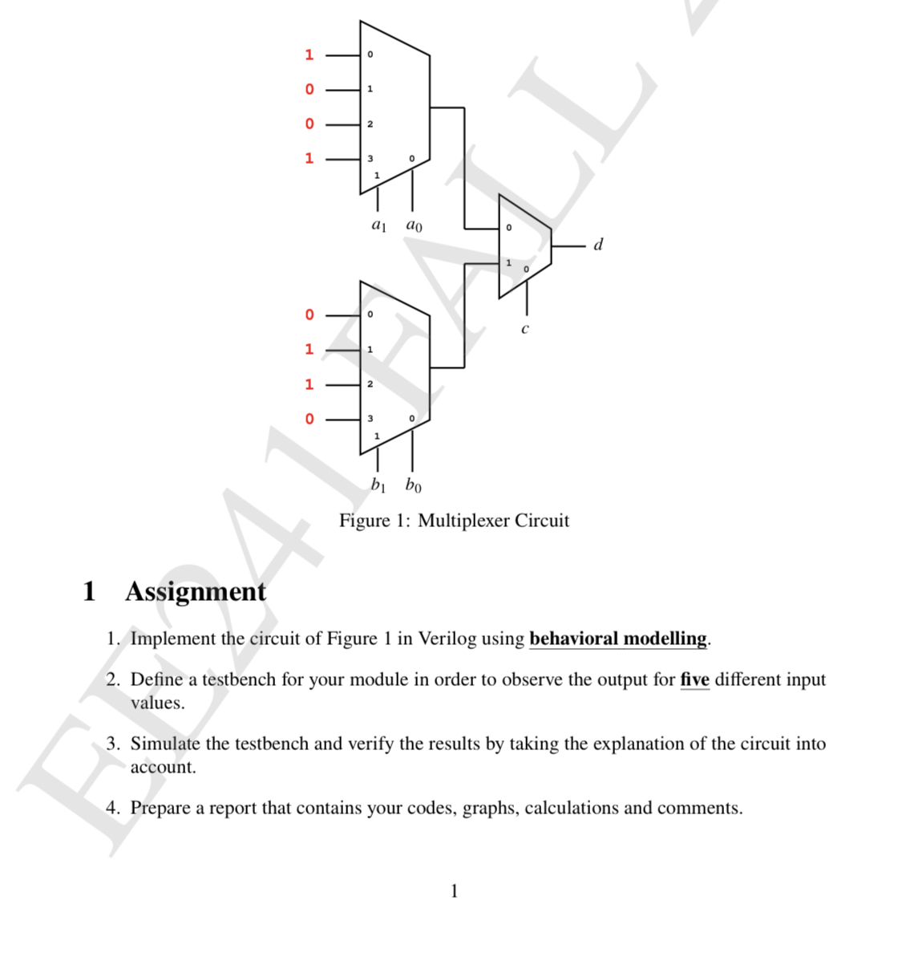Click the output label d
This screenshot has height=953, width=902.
click(598, 245)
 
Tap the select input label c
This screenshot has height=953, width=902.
click(525, 329)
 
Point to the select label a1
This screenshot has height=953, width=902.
click(379, 225)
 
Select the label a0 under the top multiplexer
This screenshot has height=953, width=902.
click(414, 225)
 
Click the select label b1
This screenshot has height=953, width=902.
click(378, 485)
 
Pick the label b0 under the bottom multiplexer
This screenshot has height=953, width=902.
click(413, 485)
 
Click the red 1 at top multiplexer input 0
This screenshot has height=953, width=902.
click(309, 55)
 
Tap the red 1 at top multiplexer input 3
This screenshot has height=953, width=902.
click(309, 158)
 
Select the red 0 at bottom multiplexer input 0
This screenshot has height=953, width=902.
click(309, 314)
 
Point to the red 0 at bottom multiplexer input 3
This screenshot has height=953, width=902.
click(309, 419)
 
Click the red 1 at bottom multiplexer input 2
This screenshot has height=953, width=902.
click(309, 384)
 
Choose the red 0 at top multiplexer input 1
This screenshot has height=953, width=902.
click(309, 89)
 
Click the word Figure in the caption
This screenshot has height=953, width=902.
click(364, 521)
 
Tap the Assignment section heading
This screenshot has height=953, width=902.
click(195, 591)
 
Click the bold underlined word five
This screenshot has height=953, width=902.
click(694, 679)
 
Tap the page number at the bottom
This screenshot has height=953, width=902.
click(455, 890)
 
